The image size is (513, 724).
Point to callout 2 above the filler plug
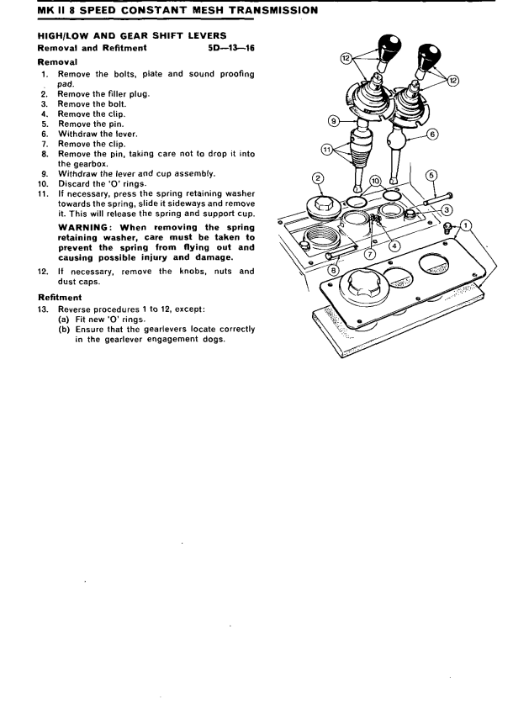(x=318, y=177)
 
